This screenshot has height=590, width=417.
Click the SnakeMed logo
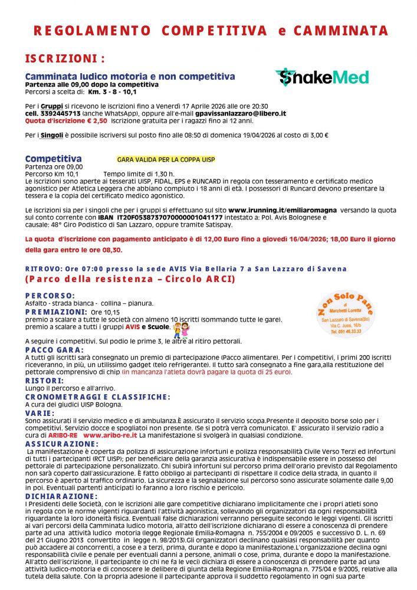(322, 77)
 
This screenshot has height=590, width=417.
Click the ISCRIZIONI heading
(65, 59)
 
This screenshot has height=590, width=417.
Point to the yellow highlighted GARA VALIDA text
(166, 160)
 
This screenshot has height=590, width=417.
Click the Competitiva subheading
(53, 159)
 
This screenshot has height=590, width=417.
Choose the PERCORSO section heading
(50, 295)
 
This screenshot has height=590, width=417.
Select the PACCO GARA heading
(54, 349)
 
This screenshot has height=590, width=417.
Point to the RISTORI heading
(44, 381)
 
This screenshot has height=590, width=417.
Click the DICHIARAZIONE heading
(61, 496)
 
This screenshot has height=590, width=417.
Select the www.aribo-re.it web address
(110, 435)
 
